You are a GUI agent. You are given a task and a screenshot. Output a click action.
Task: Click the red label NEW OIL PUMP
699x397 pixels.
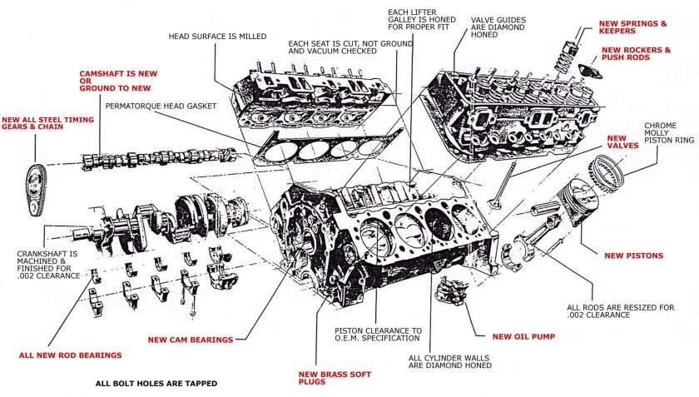click(x=523, y=337)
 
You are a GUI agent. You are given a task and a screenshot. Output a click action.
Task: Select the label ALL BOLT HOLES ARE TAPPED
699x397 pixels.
click(x=156, y=383)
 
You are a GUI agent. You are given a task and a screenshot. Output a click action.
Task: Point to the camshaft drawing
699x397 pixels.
click(x=159, y=159)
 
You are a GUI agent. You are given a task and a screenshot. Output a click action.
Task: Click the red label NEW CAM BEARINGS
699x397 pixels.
click(x=191, y=340)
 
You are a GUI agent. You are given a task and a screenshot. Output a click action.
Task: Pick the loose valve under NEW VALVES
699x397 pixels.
click(x=502, y=186)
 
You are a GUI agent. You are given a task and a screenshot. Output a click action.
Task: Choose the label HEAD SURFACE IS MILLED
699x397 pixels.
click(x=217, y=37)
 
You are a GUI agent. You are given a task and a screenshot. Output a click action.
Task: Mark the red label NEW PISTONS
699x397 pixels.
click(x=633, y=256)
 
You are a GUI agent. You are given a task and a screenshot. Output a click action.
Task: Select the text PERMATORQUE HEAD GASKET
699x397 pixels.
click(x=161, y=107)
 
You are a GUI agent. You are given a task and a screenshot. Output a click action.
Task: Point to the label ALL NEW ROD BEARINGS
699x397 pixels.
click(x=71, y=355)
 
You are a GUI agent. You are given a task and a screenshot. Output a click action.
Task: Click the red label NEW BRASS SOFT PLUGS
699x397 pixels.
click(x=335, y=378)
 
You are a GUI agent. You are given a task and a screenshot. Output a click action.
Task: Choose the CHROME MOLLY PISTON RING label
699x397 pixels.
click(x=669, y=133)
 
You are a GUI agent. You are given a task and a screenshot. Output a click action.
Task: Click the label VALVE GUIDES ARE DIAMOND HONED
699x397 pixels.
click(x=498, y=27)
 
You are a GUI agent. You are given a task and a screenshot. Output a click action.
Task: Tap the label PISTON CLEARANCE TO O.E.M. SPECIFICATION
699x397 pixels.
click(x=378, y=335)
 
